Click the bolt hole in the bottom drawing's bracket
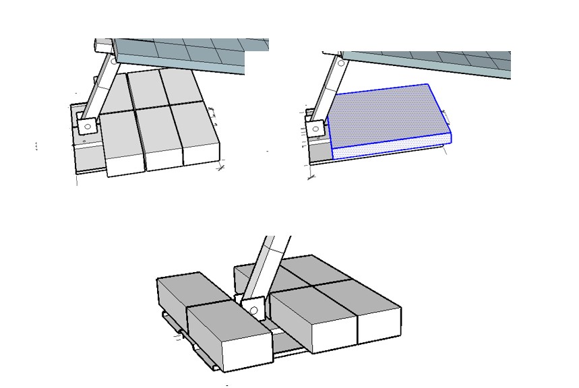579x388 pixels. tap(253, 311)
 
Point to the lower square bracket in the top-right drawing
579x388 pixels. tap(315, 128)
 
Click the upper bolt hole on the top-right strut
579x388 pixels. tap(341, 63)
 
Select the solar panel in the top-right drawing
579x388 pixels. tap(425, 64)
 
